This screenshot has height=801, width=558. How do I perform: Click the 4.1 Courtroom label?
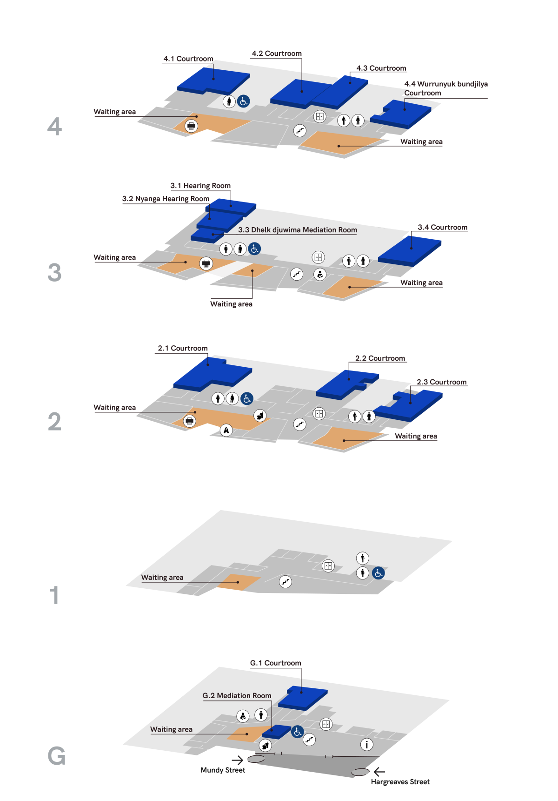point(188,59)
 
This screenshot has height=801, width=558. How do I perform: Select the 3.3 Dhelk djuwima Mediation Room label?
point(298,230)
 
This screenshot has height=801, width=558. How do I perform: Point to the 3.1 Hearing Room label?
point(200,186)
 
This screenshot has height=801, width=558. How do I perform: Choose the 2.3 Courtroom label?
point(441,382)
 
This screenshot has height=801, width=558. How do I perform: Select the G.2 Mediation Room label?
point(237,696)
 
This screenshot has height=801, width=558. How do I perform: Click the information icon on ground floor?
point(367,745)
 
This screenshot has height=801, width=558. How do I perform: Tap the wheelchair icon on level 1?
point(379,573)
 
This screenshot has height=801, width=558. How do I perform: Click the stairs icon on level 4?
point(300,131)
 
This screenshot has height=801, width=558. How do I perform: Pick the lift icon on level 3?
point(318,257)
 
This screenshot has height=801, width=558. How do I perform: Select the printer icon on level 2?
point(189,421)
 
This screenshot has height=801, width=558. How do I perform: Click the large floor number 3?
point(54,272)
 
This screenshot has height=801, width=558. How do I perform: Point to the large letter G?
point(56,756)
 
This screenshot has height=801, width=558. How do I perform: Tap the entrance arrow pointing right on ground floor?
point(237,761)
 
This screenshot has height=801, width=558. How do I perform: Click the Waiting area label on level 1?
point(162,578)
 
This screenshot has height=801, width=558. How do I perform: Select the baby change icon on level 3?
point(320,274)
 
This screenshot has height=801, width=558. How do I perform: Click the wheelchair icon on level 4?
point(244,101)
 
